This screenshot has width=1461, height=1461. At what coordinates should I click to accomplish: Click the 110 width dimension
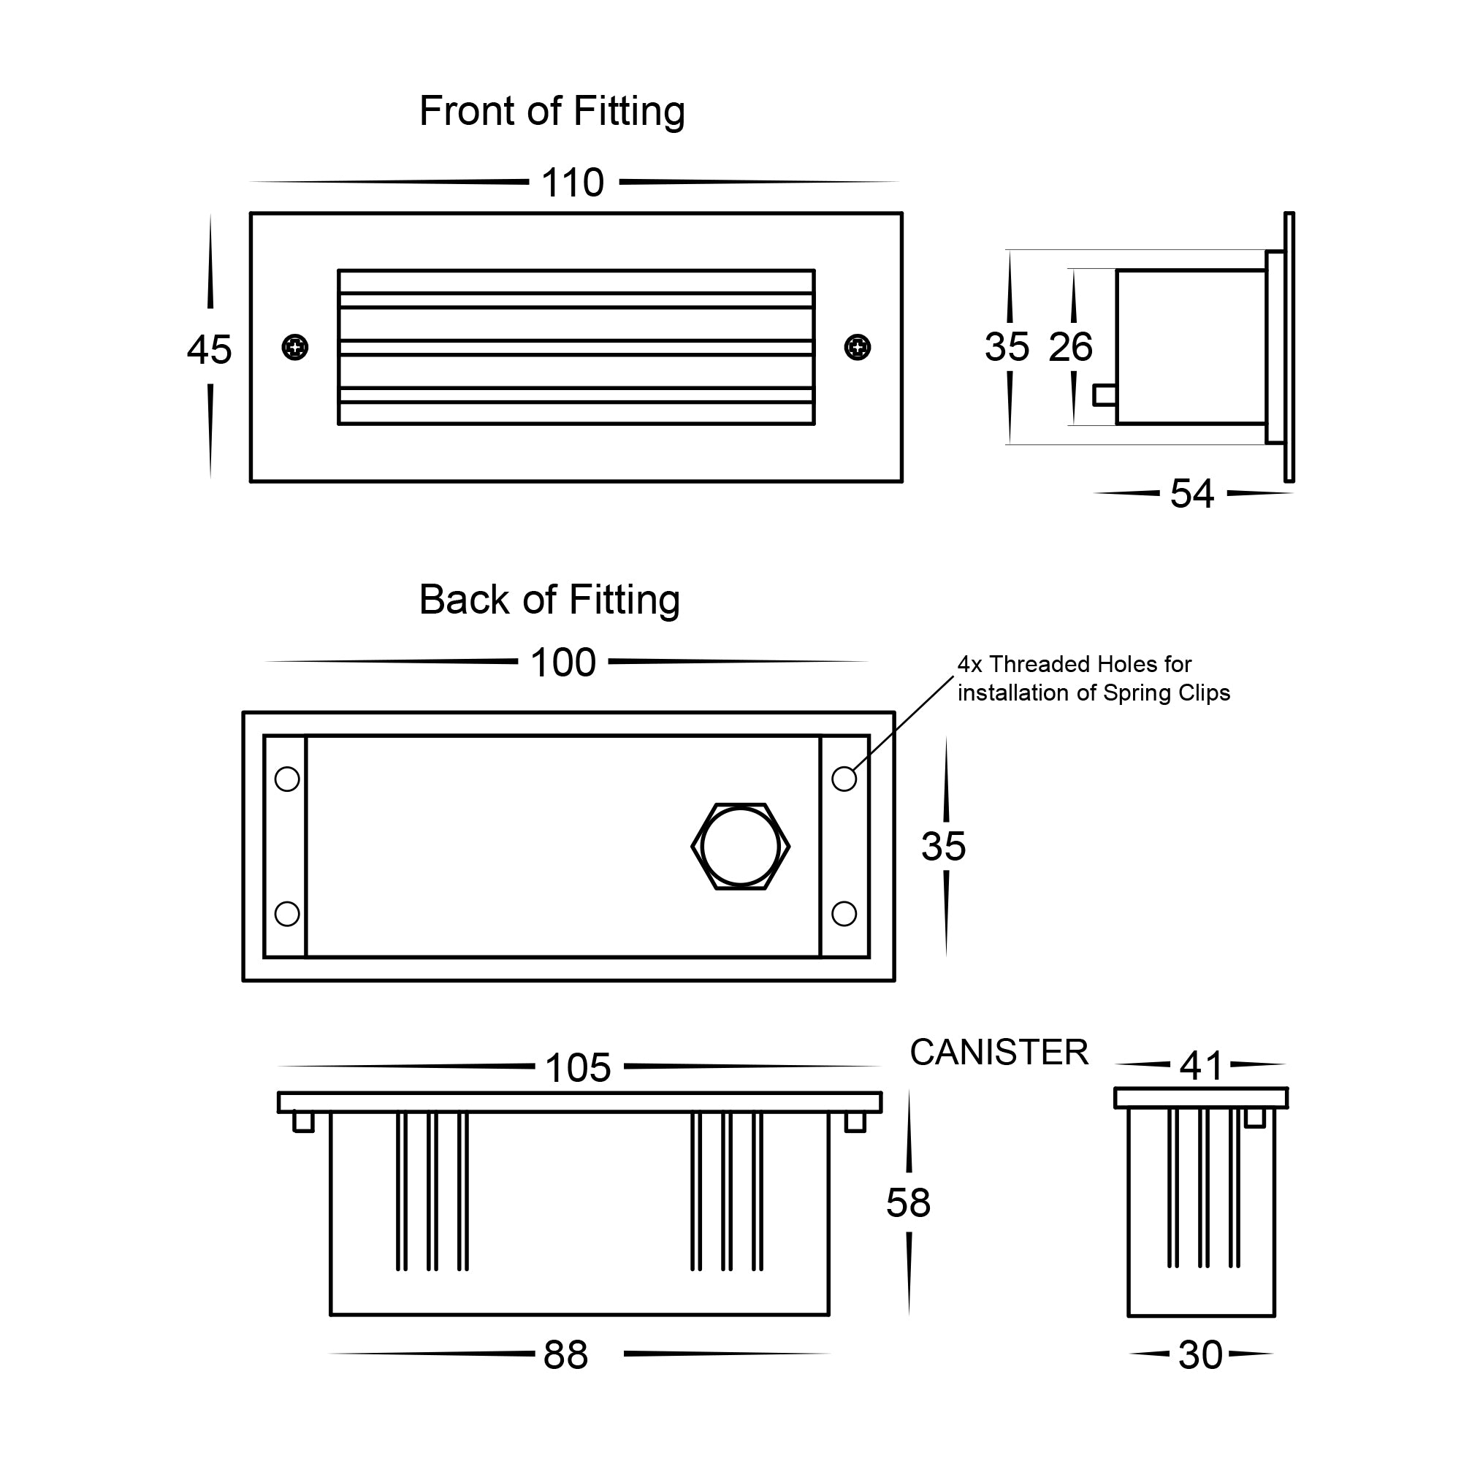(573, 183)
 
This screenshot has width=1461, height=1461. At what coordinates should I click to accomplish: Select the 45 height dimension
(210, 350)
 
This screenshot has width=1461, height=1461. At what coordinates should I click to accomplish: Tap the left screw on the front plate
(295, 348)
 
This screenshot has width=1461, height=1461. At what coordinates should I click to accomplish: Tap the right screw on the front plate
(858, 348)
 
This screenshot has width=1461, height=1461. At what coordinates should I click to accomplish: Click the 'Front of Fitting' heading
(552, 111)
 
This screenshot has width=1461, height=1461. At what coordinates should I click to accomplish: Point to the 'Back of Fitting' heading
(550, 600)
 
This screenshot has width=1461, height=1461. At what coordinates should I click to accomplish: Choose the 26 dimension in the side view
(1071, 347)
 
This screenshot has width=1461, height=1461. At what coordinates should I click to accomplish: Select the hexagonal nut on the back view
(740, 847)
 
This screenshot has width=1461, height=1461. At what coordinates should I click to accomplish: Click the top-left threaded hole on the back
(287, 779)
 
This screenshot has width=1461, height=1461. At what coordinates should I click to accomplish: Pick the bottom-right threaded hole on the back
(844, 914)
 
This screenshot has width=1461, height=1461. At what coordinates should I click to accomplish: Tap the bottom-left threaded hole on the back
(287, 914)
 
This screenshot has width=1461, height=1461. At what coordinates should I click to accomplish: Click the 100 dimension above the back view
(563, 663)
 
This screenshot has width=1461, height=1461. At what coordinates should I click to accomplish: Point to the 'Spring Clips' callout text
(1094, 679)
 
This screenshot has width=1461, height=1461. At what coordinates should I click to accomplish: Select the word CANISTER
(999, 1052)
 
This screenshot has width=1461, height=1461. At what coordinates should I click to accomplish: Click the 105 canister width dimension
(578, 1068)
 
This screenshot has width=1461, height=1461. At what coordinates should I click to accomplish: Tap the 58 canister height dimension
(908, 1202)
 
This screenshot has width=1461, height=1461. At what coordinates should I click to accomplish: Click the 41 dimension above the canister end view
(1201, 1066)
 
